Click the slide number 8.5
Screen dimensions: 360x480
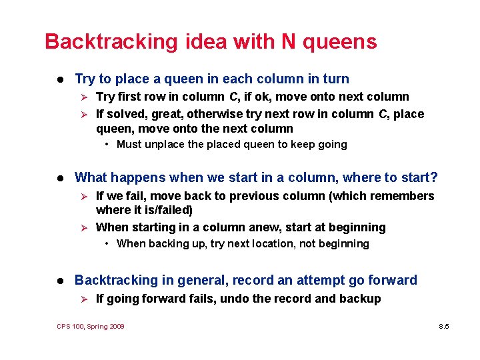point(445,326)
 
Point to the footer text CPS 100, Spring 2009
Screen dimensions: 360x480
point(91,326)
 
